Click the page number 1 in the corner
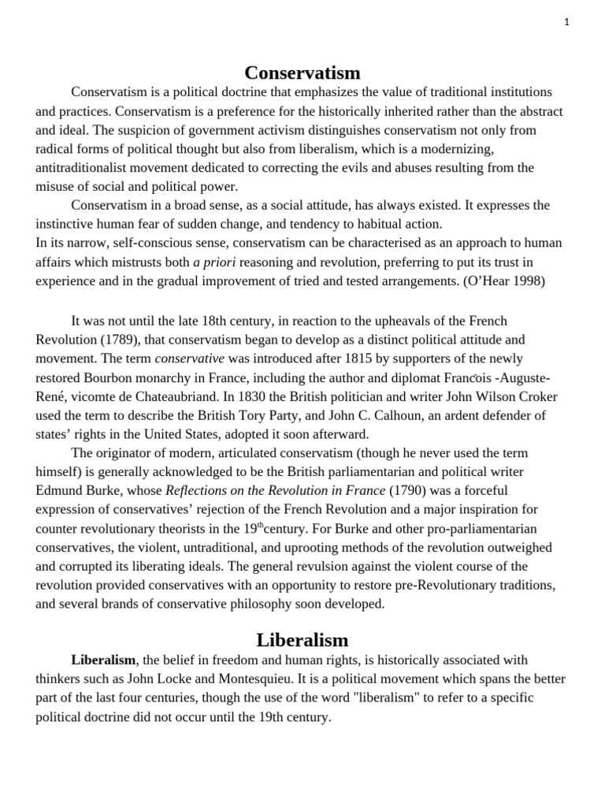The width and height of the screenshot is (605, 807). click(566, 22)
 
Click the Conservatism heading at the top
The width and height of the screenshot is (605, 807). click(302, 73)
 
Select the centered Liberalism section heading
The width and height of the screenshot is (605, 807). click(302, 639)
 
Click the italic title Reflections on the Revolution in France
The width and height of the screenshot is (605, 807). click(276, 490)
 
